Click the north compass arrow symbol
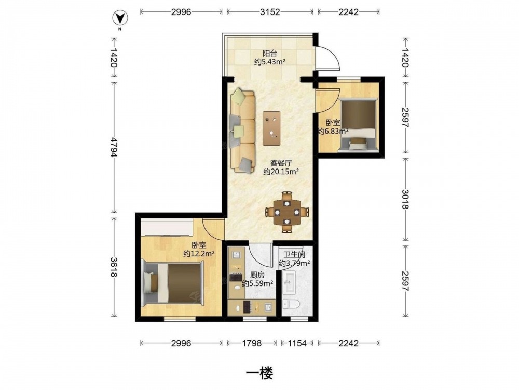click(120, 18)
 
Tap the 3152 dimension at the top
click(270, 12)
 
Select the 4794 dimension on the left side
click(114, 147)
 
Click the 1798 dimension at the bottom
click(252, 343)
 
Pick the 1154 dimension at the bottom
click(297, 343)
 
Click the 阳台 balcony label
click(270, 53)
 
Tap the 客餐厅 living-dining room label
click(281, 163)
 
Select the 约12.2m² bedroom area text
click(199, 254)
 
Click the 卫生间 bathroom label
click(294, 255)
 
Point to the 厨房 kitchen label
click(257, 275)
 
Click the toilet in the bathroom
click(291, 304)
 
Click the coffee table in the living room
click(272, 128)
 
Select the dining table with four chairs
click(287, 212)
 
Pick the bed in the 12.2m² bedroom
click(172, 283)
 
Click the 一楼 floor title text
click(260, 373)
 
